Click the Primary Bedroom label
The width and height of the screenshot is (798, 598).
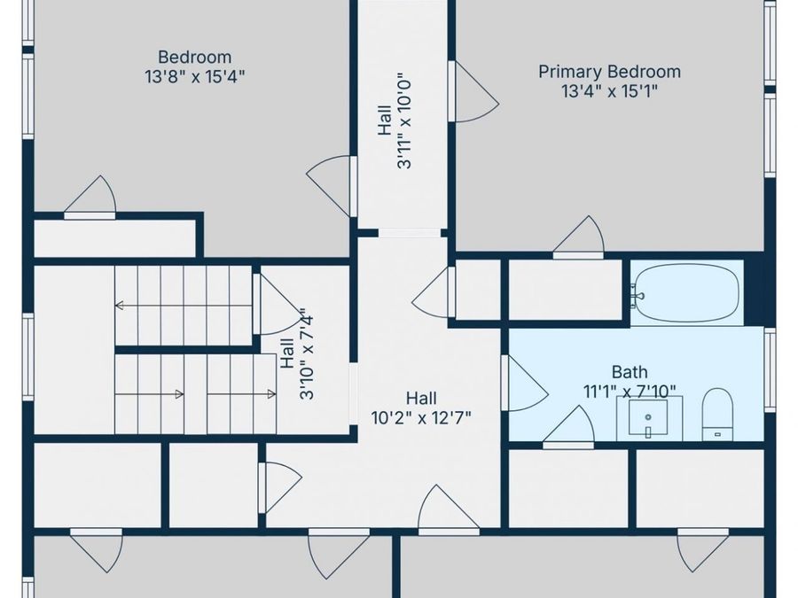[x=609, y=71]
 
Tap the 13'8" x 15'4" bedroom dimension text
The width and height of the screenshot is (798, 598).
[x=195, y=77]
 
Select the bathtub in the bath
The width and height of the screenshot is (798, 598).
[x=686, y=293]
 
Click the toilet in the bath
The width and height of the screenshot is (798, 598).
[x=717, y=415]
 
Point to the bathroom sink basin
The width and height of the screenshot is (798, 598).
[x=648, y=418]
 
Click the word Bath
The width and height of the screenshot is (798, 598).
[x=630, y=372]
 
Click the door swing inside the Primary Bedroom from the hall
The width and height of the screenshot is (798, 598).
[x=473, y=92]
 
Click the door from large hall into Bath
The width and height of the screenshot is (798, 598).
[x=524, y=383]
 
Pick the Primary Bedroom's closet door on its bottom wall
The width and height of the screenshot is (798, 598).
[x=579, y=237]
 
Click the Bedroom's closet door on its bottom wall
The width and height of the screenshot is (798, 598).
[x=90, y=198]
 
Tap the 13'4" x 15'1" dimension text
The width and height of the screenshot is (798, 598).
[x=609, y=91]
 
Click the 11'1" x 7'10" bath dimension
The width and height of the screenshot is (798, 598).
[x=630, y=392]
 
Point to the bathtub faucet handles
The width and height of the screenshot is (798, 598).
[x=636, y=296]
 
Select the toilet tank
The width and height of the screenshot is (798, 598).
[x=717, y=434]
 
